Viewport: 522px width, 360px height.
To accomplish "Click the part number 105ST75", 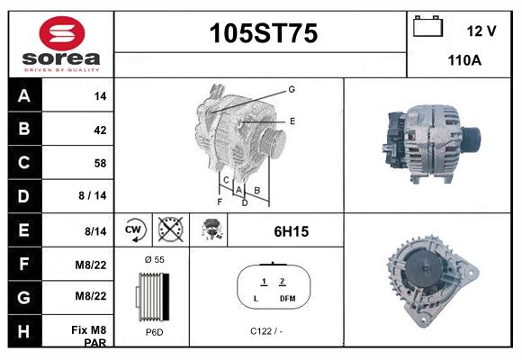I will click(263, 34).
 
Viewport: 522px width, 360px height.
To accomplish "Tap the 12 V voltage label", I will click(481, 31).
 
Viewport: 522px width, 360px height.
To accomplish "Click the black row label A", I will click(24, 95).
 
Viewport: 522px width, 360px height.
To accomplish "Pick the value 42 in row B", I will click(100, 130).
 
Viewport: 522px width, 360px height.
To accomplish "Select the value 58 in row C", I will click(100, 163).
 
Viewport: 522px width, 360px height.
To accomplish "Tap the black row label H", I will click(24, 330).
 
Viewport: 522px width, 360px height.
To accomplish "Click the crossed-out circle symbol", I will click(170, 230).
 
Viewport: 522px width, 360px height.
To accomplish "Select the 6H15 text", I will click(291, 231).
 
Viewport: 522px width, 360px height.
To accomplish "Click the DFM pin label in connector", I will click(287, 298).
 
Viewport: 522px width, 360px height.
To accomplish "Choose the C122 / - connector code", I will click(266, 331).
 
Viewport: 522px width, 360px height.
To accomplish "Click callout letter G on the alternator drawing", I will click(292, 89).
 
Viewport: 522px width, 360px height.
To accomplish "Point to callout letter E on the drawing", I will click(292, 120).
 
